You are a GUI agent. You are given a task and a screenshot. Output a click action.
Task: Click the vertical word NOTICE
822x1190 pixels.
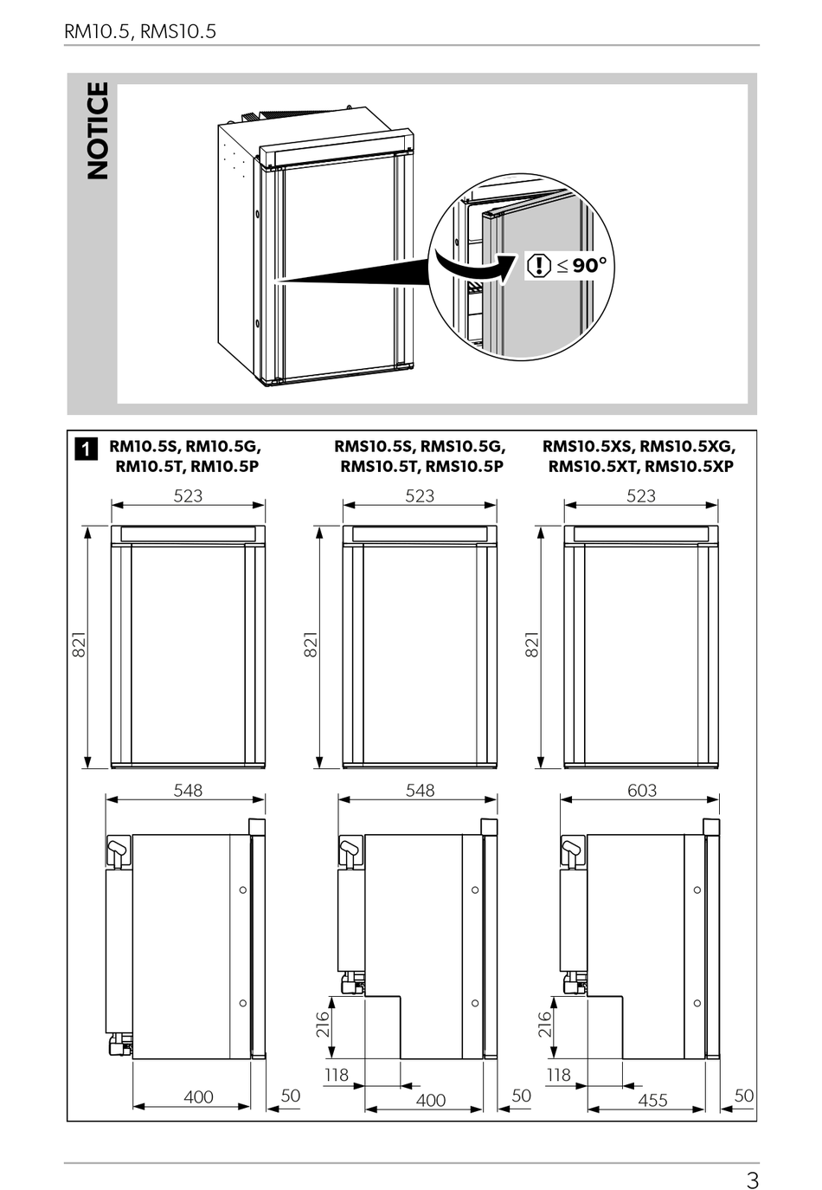pos(98,130)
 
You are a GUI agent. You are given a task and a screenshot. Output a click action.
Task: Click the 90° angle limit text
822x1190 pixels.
pos(589,265)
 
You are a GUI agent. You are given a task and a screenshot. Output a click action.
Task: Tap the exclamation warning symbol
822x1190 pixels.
pos(540,265)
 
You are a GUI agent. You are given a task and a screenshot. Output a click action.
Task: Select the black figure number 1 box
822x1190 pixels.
pos(87,449)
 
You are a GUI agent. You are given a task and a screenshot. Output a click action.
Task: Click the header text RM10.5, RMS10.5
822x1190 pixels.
pos(140,32)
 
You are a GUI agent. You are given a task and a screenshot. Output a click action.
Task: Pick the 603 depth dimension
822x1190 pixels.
pos(642,791)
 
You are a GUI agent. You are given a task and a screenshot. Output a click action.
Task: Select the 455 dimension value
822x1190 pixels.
pos(652,1100)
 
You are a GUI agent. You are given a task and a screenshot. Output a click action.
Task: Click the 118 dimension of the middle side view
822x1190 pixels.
pos(337,1075)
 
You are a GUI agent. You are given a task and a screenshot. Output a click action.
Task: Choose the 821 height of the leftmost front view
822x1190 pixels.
pos(79,644)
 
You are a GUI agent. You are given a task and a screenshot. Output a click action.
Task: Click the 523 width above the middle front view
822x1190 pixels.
pos(420,495)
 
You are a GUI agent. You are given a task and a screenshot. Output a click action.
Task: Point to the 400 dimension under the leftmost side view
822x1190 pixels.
pos(198,1096)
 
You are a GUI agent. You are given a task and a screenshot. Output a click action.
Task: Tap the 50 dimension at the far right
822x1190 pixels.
pos(744,1095)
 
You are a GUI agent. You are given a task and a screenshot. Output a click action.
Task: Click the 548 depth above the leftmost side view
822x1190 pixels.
pos(188,791)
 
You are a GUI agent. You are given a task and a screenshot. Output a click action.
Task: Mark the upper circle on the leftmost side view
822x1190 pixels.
pos(243,889)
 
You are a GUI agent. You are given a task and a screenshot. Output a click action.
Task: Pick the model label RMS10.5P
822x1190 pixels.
pos(465,467)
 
